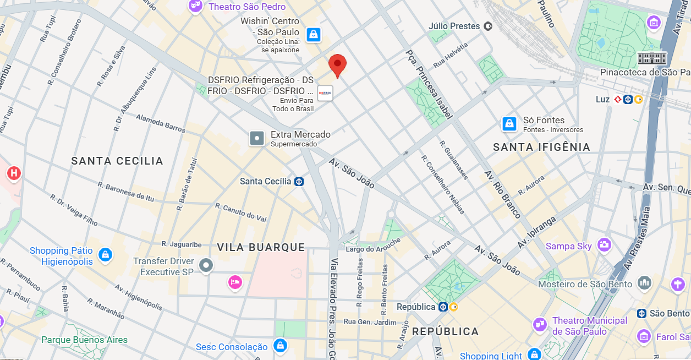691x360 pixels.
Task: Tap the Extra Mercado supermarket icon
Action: tap(257, 138)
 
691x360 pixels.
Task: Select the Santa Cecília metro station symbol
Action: tap(299, 181)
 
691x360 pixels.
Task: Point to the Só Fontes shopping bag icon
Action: tap(509, 124)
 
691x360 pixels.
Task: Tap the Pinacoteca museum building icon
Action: tap(652, 58)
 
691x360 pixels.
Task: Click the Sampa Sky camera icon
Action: tap(604, 246)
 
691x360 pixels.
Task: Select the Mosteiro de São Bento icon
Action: tap(644, 283)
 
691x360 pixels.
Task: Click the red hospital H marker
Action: tap(14, 173)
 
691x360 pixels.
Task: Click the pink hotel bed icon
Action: tap(235, 282)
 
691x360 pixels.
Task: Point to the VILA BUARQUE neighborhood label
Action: tap(261, 247)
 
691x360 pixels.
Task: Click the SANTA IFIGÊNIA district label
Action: tap(541, 147)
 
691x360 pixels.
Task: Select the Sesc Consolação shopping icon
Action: tap(280, 346)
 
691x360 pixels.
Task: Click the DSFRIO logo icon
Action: tap(325, 93)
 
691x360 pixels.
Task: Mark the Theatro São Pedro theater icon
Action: tap(195, 6)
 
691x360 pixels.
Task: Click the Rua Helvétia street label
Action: tap(450, 56)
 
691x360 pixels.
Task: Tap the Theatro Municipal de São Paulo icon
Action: tap(539, 325)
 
